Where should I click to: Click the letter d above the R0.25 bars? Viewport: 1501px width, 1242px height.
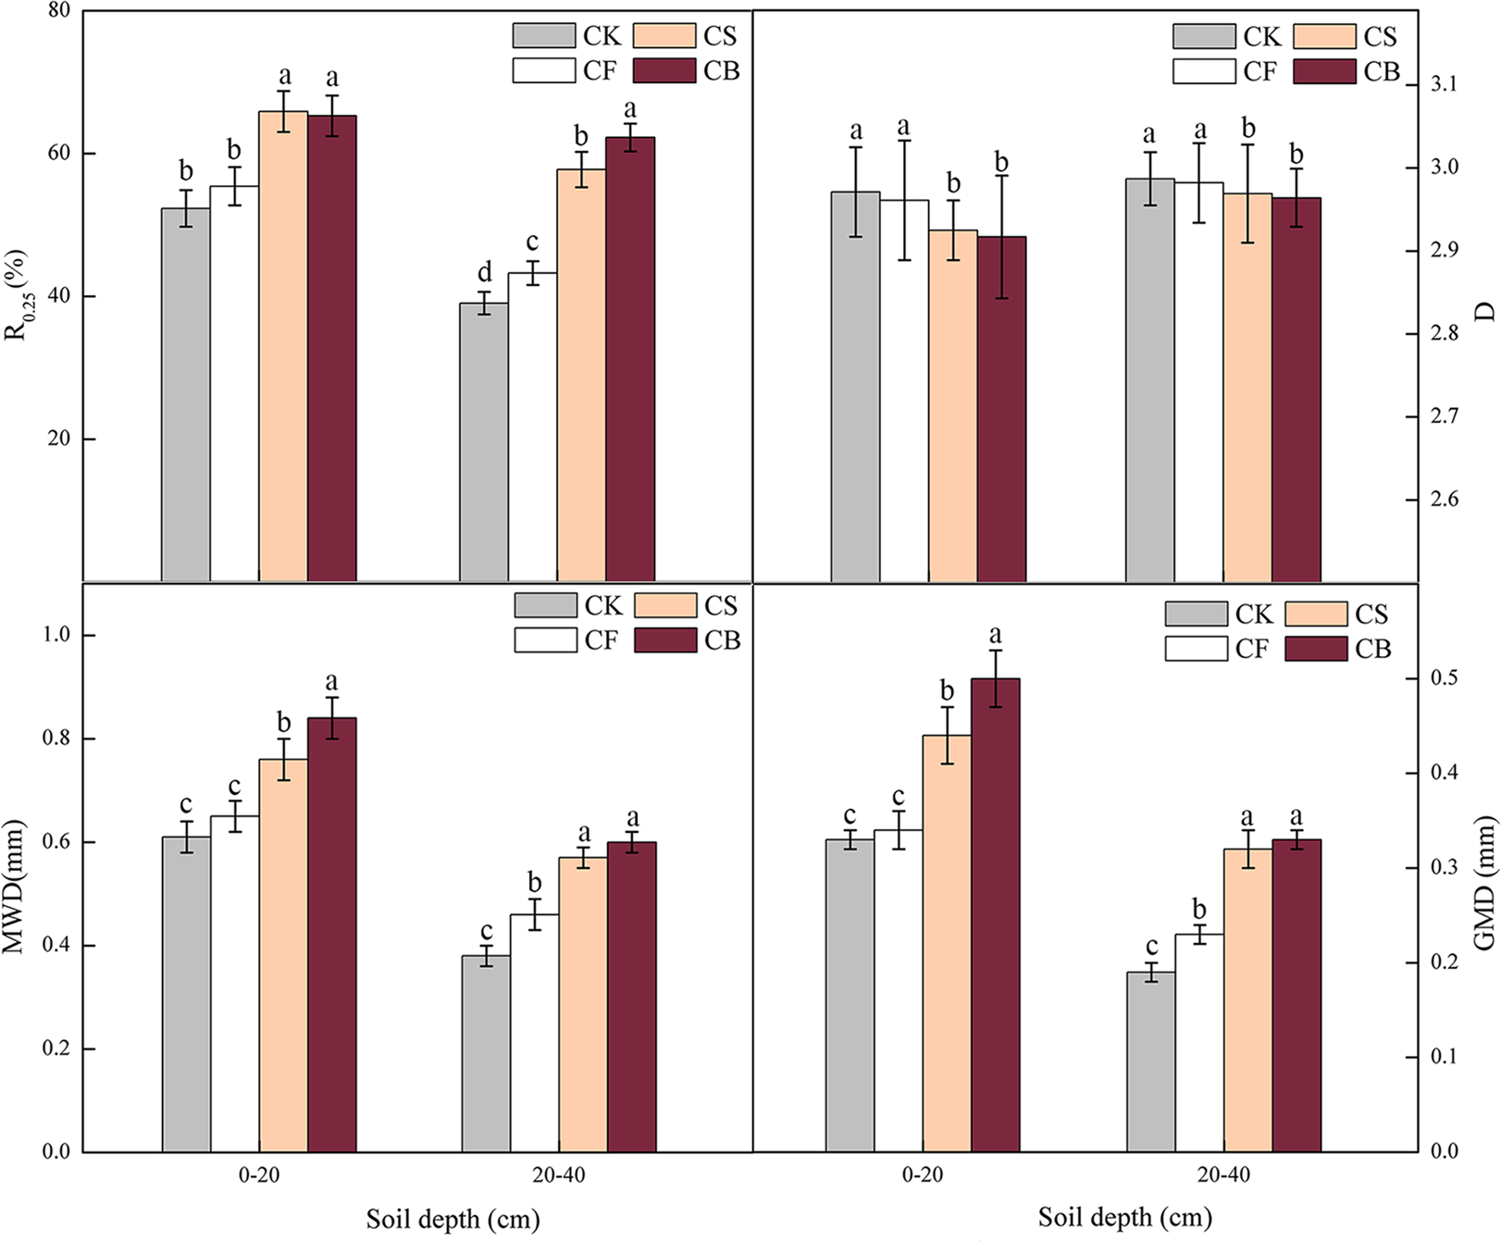[485, 273]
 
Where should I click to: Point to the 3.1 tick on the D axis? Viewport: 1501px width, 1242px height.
[1443, 84]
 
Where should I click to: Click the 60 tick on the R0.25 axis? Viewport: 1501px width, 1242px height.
[59, 153]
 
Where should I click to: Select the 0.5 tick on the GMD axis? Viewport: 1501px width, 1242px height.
[1444, 678]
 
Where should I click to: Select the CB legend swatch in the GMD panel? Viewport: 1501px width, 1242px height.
[1316, 648]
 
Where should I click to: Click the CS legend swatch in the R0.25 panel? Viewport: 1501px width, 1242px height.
[664, 36]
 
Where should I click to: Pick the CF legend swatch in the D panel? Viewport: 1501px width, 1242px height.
[1204, 71]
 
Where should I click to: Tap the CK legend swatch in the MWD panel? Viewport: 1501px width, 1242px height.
[546, 605]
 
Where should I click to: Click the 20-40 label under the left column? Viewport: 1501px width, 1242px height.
[558, 1176]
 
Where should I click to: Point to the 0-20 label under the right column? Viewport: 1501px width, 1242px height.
[922, 1176]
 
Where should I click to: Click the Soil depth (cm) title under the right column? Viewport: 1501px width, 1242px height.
[1124, 1217]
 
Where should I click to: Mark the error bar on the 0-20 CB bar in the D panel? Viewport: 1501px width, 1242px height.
[1001, 237]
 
